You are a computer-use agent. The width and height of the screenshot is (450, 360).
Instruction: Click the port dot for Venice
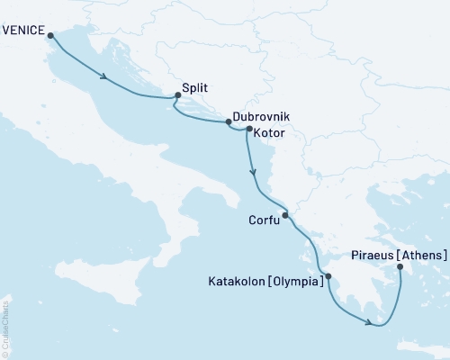tap(49, 36)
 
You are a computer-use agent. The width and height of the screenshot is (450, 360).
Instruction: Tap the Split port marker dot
tap(177, 97)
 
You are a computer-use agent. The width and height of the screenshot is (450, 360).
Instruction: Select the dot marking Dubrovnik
tap(228, 122)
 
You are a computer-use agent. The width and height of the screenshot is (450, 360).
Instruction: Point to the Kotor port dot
tap(249, 130)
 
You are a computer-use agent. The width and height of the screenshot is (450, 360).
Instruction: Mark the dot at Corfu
tap(285, 215)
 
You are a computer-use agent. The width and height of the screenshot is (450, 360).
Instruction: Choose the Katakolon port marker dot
tap(328, 276)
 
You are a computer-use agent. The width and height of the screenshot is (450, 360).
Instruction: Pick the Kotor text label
tap(270, 133)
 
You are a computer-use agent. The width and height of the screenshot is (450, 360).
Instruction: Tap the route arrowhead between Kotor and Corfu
tap(254, 172)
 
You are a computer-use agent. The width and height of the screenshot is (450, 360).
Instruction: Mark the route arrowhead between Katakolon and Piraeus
tap(369, 321)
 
